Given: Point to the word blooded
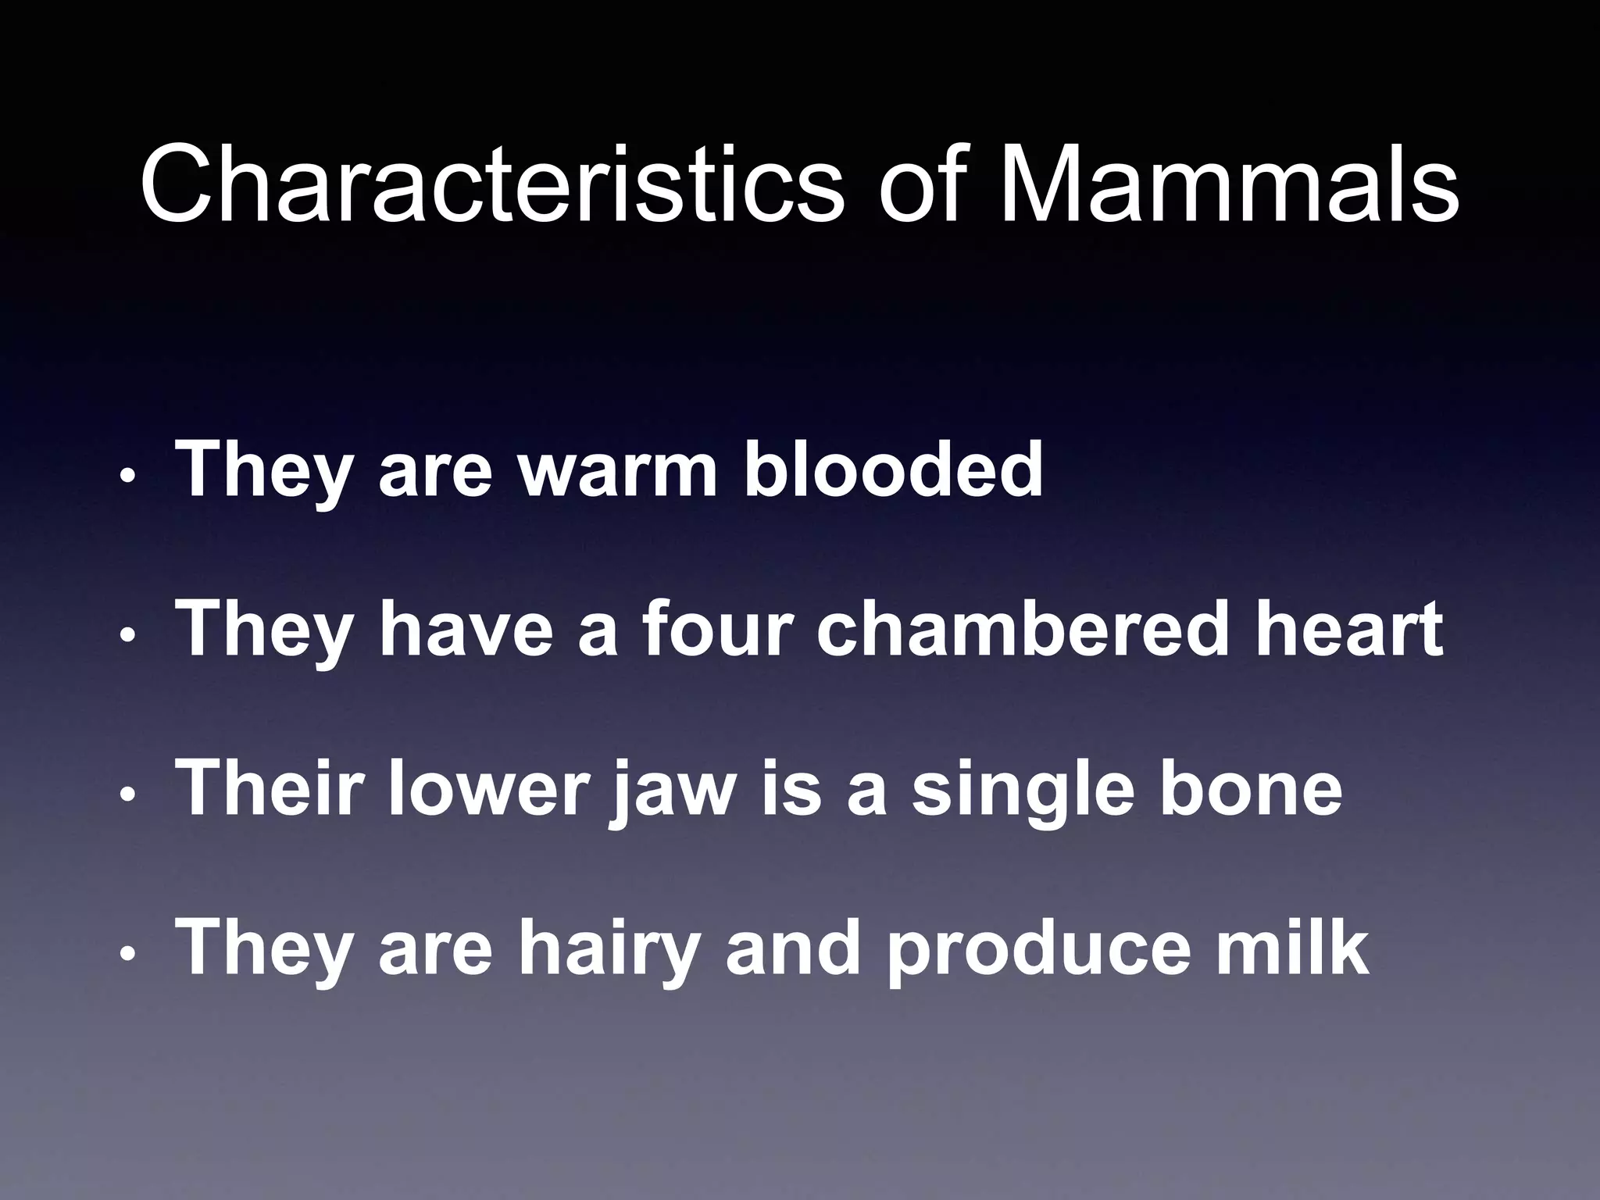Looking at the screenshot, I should (x=893, y=470).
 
